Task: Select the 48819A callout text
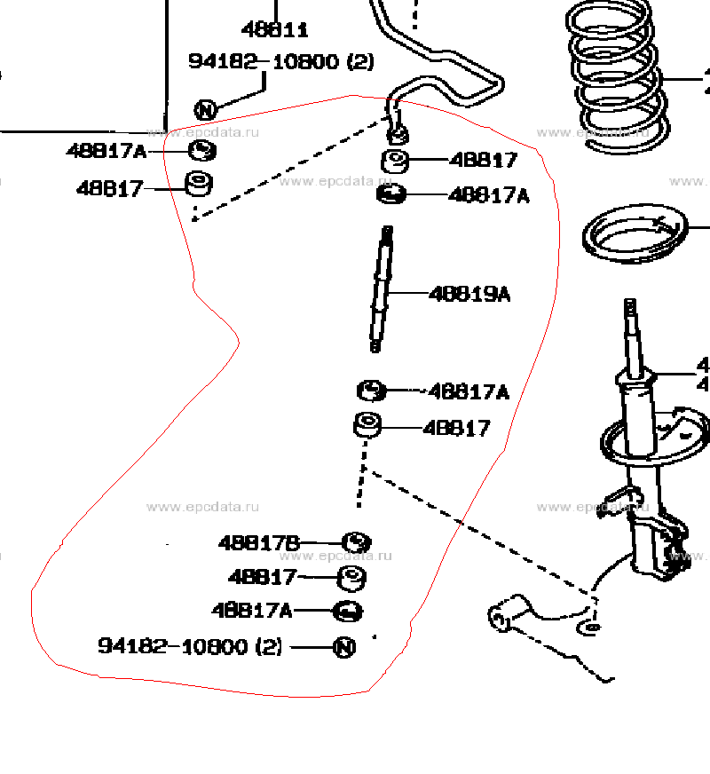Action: [x=469, y=294]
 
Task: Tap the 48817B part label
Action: [x=260, y=542]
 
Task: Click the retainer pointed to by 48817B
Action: [x=356, y=541]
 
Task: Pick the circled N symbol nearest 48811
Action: [x=205, y=110]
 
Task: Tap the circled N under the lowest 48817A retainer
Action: [x=344, y=647]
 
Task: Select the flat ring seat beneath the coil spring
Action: [x=635, y=236]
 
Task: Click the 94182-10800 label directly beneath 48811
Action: [x=280, y=61]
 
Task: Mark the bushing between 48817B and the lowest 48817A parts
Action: [x=352, y=578]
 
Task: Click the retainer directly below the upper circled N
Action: [x=203, y=150]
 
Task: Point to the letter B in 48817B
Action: [x=294, y=542]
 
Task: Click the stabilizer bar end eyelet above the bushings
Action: [x=398, y=134]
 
